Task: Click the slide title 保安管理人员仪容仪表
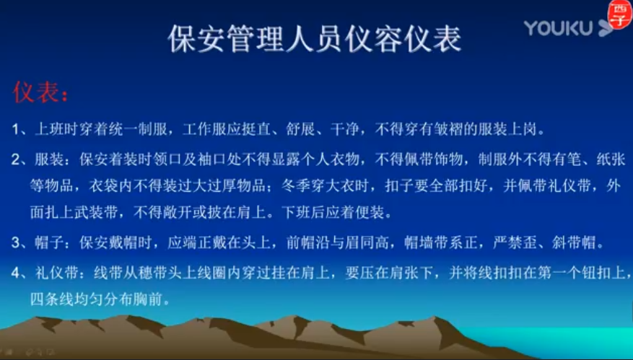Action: tap(315, 39)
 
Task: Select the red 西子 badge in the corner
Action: tap(619, 14)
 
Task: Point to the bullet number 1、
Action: tap(22, 130)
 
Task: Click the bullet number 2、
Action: tap(22, 159)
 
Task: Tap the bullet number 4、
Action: tap(22, 273)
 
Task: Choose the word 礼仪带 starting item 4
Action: tap(61, 273)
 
